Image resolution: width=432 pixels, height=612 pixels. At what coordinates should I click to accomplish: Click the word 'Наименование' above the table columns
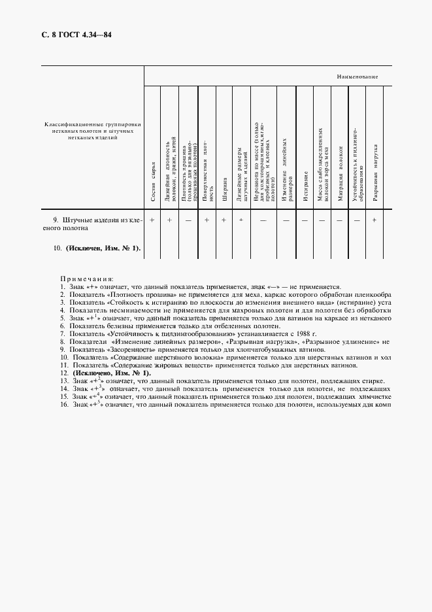pyautogui.click(x=357, y=77)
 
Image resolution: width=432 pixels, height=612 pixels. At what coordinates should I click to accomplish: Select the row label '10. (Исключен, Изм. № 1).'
pyautogui.click(x=97, y=248)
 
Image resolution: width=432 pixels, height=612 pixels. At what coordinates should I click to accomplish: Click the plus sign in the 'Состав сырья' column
pyautogui.click(x=152, y=221)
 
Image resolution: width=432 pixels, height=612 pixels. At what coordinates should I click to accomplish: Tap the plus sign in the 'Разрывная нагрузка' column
pyautogui.click(x=374, y=221)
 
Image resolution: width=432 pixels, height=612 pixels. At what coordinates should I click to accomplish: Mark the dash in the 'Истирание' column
pyautogui.click(x=305, y=221)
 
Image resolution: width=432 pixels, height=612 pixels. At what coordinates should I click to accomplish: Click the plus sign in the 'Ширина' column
pyautogui.click(x=224, y=221)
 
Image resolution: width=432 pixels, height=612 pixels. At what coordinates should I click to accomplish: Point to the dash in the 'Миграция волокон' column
pyautogui.click(x=340, y=221)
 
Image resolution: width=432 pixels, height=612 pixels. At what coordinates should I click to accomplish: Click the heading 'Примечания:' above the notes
pyautogui.click(x=87, y=279)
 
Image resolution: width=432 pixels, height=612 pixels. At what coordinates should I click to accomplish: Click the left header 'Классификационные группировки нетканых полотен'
pyautogui.click(x=93, y=127)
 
